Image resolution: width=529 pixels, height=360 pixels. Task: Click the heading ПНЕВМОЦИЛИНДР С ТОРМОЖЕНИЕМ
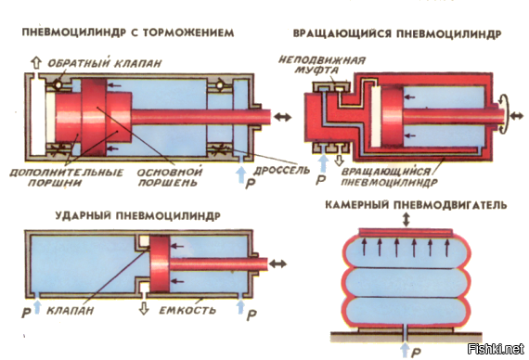point(128,32)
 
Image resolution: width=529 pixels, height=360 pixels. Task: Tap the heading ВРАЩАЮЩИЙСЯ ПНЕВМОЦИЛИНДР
point(397,33)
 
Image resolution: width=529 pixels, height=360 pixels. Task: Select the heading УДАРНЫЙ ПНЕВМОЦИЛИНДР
point(138,215)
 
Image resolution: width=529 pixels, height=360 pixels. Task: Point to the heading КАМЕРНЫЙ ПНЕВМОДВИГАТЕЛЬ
point(416,205)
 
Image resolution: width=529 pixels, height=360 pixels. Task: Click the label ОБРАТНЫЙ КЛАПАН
point(105,63)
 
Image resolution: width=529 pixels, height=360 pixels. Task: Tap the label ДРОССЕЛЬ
point(281,170)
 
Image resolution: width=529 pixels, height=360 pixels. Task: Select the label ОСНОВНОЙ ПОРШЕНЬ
point(169,177)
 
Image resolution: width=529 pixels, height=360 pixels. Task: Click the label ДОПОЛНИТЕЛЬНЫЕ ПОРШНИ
point(67,177)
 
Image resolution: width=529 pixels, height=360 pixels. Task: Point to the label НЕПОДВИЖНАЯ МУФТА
point(321,65)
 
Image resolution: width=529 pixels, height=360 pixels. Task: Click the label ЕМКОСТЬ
point(187,310)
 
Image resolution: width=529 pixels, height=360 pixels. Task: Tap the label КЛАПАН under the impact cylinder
point(71,310)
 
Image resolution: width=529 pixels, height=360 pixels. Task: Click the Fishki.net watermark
point(496,349)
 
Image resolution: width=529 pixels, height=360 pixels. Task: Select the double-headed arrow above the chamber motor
point(406,219)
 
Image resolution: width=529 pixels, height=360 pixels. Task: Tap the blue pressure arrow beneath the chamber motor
point(406,350)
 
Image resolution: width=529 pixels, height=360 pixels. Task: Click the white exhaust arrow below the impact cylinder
point(144,308)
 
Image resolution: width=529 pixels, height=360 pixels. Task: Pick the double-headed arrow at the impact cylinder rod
point(277,264)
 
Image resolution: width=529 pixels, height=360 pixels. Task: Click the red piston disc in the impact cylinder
point(160,264)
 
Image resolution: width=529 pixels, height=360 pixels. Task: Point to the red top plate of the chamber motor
point(406,232)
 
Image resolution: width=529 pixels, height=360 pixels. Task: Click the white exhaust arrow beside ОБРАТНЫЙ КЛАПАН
point(36,63)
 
